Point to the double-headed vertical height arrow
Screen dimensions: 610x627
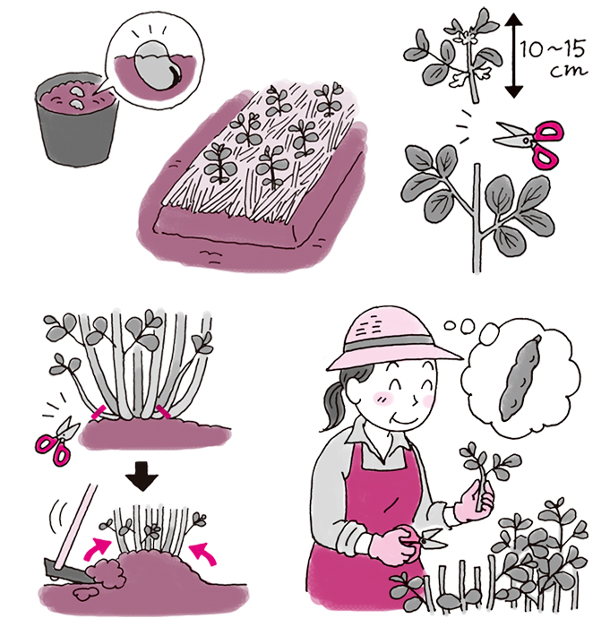[x=514, y=56]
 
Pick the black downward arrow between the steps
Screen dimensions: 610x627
[x=142, y=477]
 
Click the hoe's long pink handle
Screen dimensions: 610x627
[x=77, y=525]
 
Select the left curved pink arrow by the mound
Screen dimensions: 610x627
[x=97, y=548]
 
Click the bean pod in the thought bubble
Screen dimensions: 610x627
[x=520, y=379]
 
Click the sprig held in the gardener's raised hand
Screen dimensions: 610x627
[x=489, y=472]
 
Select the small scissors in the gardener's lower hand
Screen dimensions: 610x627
[x=429, y=538]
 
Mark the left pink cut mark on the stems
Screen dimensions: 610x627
[x=99, y=412]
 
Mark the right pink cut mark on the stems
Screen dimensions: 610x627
[x=163, y=411]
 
